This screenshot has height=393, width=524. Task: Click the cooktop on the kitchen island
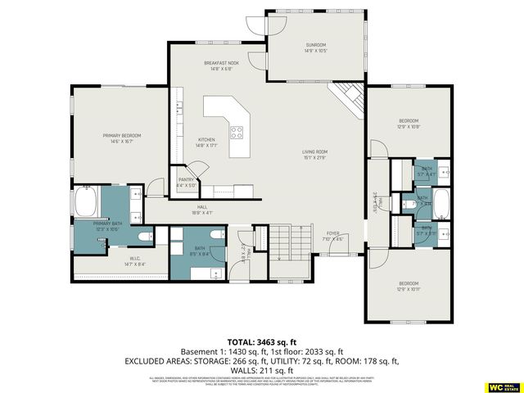click(x=237, y=132)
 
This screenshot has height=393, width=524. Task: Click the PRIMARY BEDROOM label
click(x=121, y=135)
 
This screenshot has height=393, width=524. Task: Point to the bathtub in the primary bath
click(x=86, y=201)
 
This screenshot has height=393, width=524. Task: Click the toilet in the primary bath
click(x=145, y=237)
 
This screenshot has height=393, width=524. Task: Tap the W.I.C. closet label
click(x=133, y=260)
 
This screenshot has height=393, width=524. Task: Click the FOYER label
click(x=333, y=233)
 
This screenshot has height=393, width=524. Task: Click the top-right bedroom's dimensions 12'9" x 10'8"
click(x=408, y=127)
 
